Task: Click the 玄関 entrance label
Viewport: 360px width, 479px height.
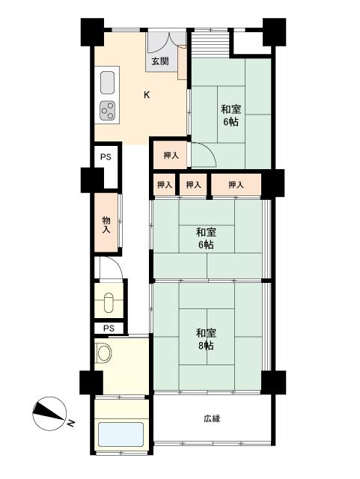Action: pos(159,62)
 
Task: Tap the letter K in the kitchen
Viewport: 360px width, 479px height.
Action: pos(147,94)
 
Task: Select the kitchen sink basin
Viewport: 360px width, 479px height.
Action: pos(106,81)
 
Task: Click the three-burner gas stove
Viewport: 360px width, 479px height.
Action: pos(107,112)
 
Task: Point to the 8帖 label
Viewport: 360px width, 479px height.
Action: pos(207,346)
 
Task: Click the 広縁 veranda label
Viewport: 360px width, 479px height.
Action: pos(211,418)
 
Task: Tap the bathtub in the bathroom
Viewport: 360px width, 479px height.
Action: pos(120,436)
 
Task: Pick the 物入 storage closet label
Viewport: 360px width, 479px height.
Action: pos(106,224)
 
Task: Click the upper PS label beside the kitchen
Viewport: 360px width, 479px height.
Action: pos(106,158)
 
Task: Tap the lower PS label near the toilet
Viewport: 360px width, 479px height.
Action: pos(109,328)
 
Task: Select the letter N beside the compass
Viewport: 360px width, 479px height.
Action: pos(71,424)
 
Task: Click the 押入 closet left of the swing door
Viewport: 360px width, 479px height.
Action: pos(171,156)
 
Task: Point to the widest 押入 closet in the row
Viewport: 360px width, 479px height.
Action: pos(236,184)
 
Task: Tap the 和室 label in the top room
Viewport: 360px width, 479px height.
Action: pos(230,108)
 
